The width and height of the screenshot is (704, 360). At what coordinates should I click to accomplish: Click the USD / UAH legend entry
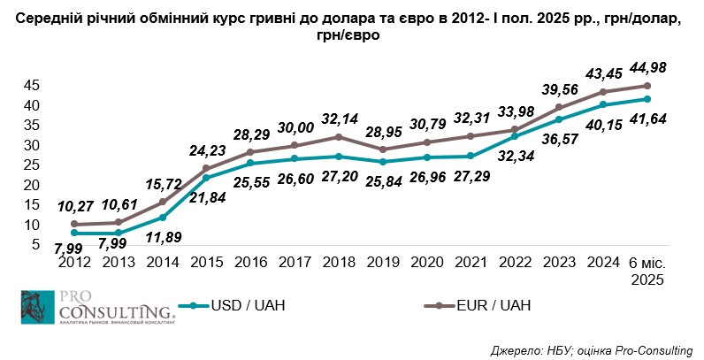(234, 306)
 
